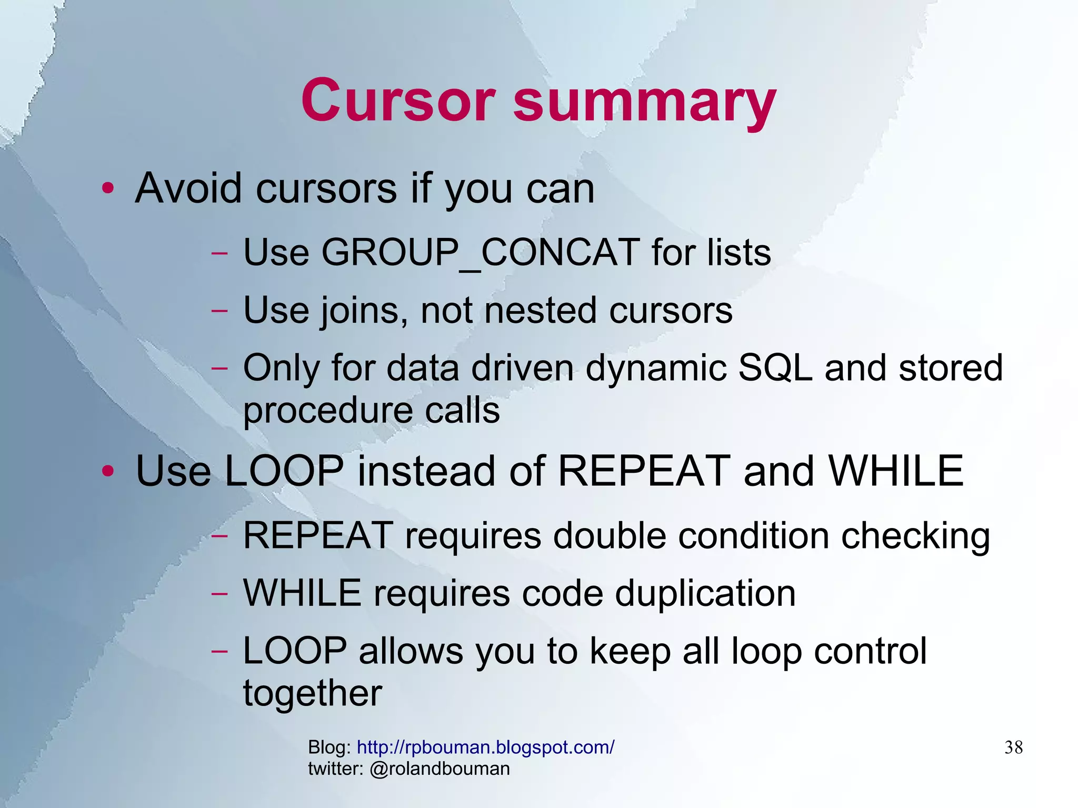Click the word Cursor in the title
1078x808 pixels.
click(398, 100)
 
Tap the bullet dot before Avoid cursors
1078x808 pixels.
click(108, 188)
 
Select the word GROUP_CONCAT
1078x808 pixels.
click(480, 253)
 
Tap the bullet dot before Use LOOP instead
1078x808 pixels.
click(108, 471)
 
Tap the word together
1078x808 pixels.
click(312, 694)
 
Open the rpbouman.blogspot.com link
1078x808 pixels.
click(485, 747)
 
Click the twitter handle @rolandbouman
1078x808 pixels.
click(440, 769)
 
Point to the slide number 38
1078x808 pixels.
click(1013, 747)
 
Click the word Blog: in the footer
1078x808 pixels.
click(330, 747)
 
